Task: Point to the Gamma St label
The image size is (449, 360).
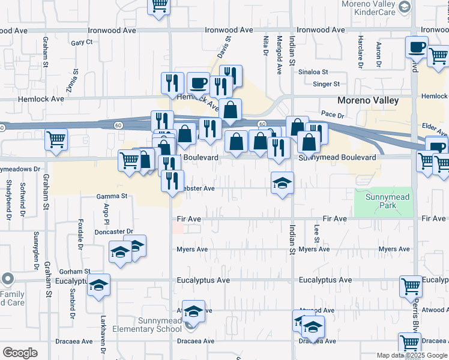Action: (112, 196)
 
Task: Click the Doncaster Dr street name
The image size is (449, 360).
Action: (113, 231)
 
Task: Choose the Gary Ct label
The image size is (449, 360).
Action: (82, 43)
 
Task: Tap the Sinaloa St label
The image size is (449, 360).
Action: (314, 71)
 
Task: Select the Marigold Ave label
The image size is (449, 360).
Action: (279, 55)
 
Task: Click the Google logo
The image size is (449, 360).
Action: (20, 353)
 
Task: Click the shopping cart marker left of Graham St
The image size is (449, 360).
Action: (56, 139)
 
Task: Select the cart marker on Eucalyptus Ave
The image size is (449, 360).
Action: (411, 286)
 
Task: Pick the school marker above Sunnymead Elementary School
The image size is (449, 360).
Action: (193, 311)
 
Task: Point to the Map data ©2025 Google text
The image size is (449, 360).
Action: (412, 355)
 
